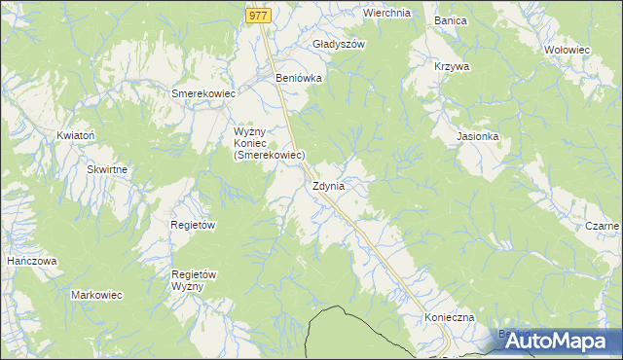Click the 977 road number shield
(257, 16)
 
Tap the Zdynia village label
(328, 186)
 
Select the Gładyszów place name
(339, 45)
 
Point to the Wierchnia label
(386, 14)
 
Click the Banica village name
(451, 20)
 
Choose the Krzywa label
(452, 67)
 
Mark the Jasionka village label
(478, 137)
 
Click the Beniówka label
(299, 78)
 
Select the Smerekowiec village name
(203, 93)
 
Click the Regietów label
(193, 225)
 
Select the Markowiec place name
(95, 294)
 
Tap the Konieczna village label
(449, 318)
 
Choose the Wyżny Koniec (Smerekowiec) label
(270, 143)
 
